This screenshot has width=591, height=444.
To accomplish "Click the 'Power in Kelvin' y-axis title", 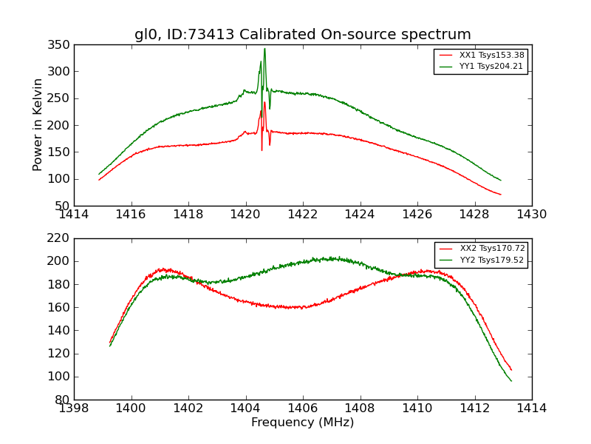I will point(38,125).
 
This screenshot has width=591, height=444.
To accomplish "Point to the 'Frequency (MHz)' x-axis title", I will point(303,423).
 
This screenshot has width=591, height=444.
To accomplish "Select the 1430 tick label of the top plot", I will point(531,215).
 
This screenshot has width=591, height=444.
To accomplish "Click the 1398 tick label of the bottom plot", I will point(74,408).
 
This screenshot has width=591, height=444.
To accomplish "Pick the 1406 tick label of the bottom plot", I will point(303,408).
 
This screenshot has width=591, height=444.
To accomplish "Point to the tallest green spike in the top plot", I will point(264,49).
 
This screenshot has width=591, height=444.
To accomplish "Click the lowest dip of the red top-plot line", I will point(262,150).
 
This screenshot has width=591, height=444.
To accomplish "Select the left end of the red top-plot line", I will point(99,179).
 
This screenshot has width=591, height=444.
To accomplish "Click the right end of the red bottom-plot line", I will point(511,370).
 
